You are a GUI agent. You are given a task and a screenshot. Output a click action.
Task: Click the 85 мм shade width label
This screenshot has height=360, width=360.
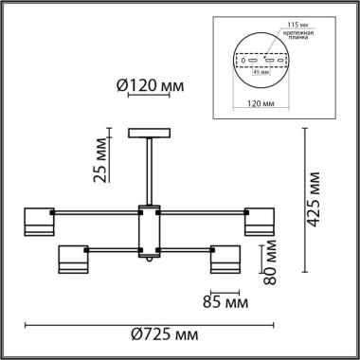click(x=225, y=303)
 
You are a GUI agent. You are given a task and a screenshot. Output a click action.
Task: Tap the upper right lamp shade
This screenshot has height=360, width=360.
click(x=262, y=220)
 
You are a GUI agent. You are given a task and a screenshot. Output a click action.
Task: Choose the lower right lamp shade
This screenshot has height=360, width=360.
click(x=227, y=261)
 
